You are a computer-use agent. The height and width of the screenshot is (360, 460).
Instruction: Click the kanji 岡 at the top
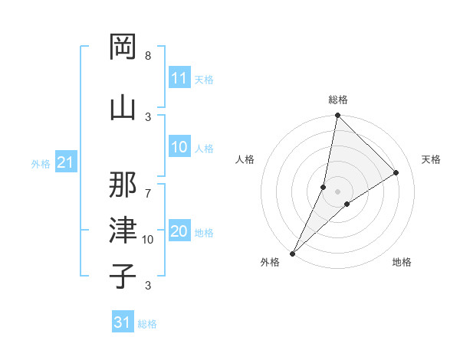(123, 47)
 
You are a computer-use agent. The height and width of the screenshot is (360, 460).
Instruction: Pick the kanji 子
(123, 275)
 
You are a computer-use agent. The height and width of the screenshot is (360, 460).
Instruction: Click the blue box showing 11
(179, 78)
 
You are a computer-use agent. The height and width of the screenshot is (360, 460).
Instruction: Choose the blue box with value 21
(65, 162)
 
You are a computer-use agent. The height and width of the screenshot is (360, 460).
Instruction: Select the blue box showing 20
(179, 231)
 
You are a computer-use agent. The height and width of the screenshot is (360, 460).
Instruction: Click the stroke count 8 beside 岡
(147, 56)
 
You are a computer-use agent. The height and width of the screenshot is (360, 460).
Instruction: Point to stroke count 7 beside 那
(147, 193)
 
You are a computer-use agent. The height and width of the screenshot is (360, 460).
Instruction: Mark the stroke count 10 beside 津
(148, 240)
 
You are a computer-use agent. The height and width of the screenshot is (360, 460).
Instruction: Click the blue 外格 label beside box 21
(41, 163)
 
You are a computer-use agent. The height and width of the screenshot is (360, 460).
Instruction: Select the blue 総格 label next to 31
(147, 324)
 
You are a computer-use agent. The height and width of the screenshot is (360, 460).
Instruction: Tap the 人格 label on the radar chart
(245, 159)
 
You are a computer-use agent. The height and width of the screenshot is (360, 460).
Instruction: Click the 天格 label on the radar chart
(431, 159)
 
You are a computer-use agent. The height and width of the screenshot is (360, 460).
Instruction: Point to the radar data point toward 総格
(337, 115)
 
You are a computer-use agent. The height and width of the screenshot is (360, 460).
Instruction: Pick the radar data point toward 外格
(292, 253)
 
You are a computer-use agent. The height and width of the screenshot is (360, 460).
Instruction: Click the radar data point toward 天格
(396, 173)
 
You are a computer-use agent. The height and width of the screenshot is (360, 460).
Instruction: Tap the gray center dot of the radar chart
(337, 191)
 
